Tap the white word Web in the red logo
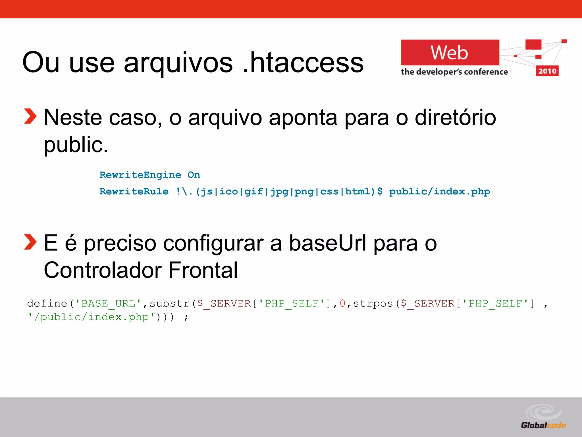point(449,53)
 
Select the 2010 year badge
point(547,71)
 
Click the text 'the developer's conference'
point(454,72)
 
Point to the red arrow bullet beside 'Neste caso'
point(30,117)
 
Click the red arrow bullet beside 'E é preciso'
point(30,242)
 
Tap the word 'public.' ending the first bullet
point(76,145)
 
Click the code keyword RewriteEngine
point(140,175)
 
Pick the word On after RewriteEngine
point(194,175)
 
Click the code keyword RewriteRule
point(134,191)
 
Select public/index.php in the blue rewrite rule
point(439,191)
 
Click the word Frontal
point(203,270)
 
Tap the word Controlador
point(103,270)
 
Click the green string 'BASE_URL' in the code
point(108,304)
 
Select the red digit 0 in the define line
point(342,304)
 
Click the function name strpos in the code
point(373,304)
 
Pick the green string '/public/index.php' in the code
point(91,317)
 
